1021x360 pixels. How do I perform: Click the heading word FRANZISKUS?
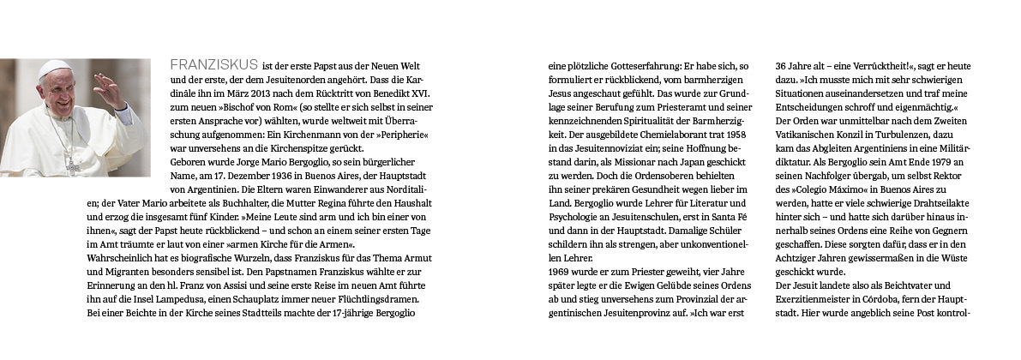(213, 65)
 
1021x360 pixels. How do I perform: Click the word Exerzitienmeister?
(815, 299)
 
